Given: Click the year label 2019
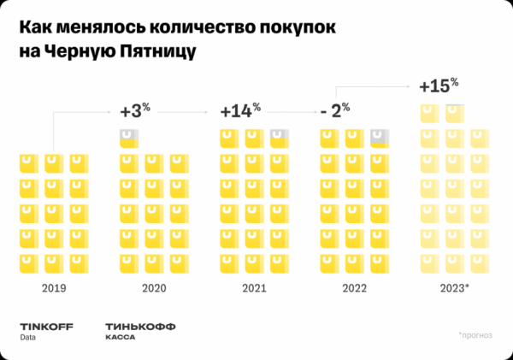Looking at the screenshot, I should point(53,288).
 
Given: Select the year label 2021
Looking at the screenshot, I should point(254,288).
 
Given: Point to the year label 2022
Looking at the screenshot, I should point(354,288).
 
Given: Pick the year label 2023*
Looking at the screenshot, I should point(456,288).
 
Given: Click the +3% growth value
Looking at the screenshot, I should point(134,111).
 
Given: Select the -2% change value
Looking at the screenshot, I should point(334,111).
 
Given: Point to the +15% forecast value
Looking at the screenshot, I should point(439,86).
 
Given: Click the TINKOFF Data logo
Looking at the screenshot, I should point(41,330).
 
